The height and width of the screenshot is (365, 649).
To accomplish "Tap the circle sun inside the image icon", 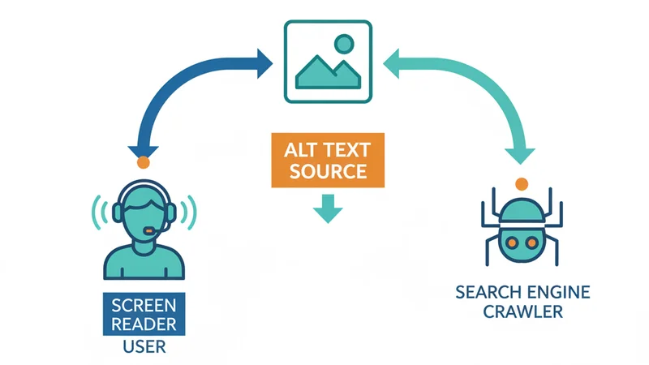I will coord(345,44).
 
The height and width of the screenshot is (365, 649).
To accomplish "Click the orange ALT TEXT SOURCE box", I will coord(327,161).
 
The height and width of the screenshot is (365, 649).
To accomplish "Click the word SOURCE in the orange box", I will coord(327,172).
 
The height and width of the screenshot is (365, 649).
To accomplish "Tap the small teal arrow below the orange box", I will coord(327,208).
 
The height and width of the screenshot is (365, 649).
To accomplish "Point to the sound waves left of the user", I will coord(101,213).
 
